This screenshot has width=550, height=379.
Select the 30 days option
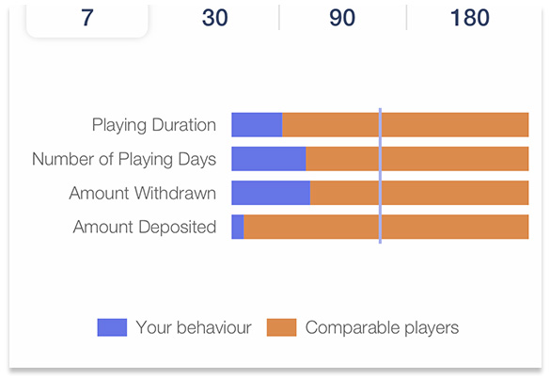[214, 18]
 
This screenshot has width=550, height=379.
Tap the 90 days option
[342, 18]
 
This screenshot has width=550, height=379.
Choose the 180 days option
[470, 18]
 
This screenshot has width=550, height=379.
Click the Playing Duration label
[154, 125]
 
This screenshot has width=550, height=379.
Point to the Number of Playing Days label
[124, 159]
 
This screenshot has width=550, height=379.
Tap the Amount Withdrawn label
[142, 193]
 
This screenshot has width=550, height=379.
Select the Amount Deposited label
[145, 227]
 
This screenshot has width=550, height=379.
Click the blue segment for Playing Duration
[257, 124]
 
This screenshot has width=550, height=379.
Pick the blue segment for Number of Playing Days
[269, 159]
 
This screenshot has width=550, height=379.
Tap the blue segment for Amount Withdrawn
[271, 193]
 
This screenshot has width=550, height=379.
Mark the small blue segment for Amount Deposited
[238, 227]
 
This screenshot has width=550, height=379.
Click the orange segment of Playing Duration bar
[405, 124]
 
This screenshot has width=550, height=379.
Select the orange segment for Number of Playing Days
[417, 159]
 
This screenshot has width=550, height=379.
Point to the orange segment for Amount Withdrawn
[419, 193]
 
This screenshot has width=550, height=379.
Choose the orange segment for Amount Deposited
[386, 227]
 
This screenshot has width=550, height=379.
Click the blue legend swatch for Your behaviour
[112, 327]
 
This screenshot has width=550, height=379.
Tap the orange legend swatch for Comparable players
[282, 327]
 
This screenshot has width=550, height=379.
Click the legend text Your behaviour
[194, 327]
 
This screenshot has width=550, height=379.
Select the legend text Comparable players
[382, 328]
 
